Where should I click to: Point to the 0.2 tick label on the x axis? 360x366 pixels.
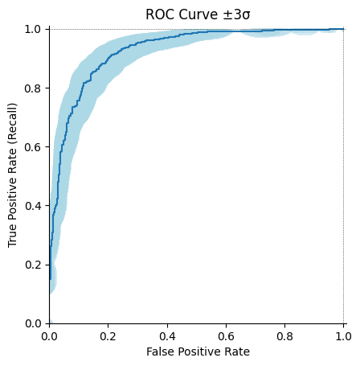[108, 335]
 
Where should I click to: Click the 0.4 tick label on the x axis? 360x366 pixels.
[167, 335]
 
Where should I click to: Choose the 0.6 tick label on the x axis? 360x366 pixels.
[226, 335]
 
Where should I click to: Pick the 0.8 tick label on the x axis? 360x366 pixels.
[285, 335]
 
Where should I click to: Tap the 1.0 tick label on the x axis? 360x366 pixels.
[343, 335]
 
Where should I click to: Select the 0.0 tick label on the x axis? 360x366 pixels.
[50, 335]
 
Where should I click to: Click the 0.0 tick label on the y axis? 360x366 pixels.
[33, 323]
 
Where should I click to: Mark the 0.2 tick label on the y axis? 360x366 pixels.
[33, 265]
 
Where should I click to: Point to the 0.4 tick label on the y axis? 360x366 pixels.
[33, 206]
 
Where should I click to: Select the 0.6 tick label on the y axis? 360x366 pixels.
[33, 147]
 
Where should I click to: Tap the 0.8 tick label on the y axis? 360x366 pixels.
[33, 88]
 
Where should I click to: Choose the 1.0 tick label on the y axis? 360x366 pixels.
[33, 30]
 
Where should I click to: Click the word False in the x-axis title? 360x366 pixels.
[159, 352]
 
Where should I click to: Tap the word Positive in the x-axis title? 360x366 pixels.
[198, 352]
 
